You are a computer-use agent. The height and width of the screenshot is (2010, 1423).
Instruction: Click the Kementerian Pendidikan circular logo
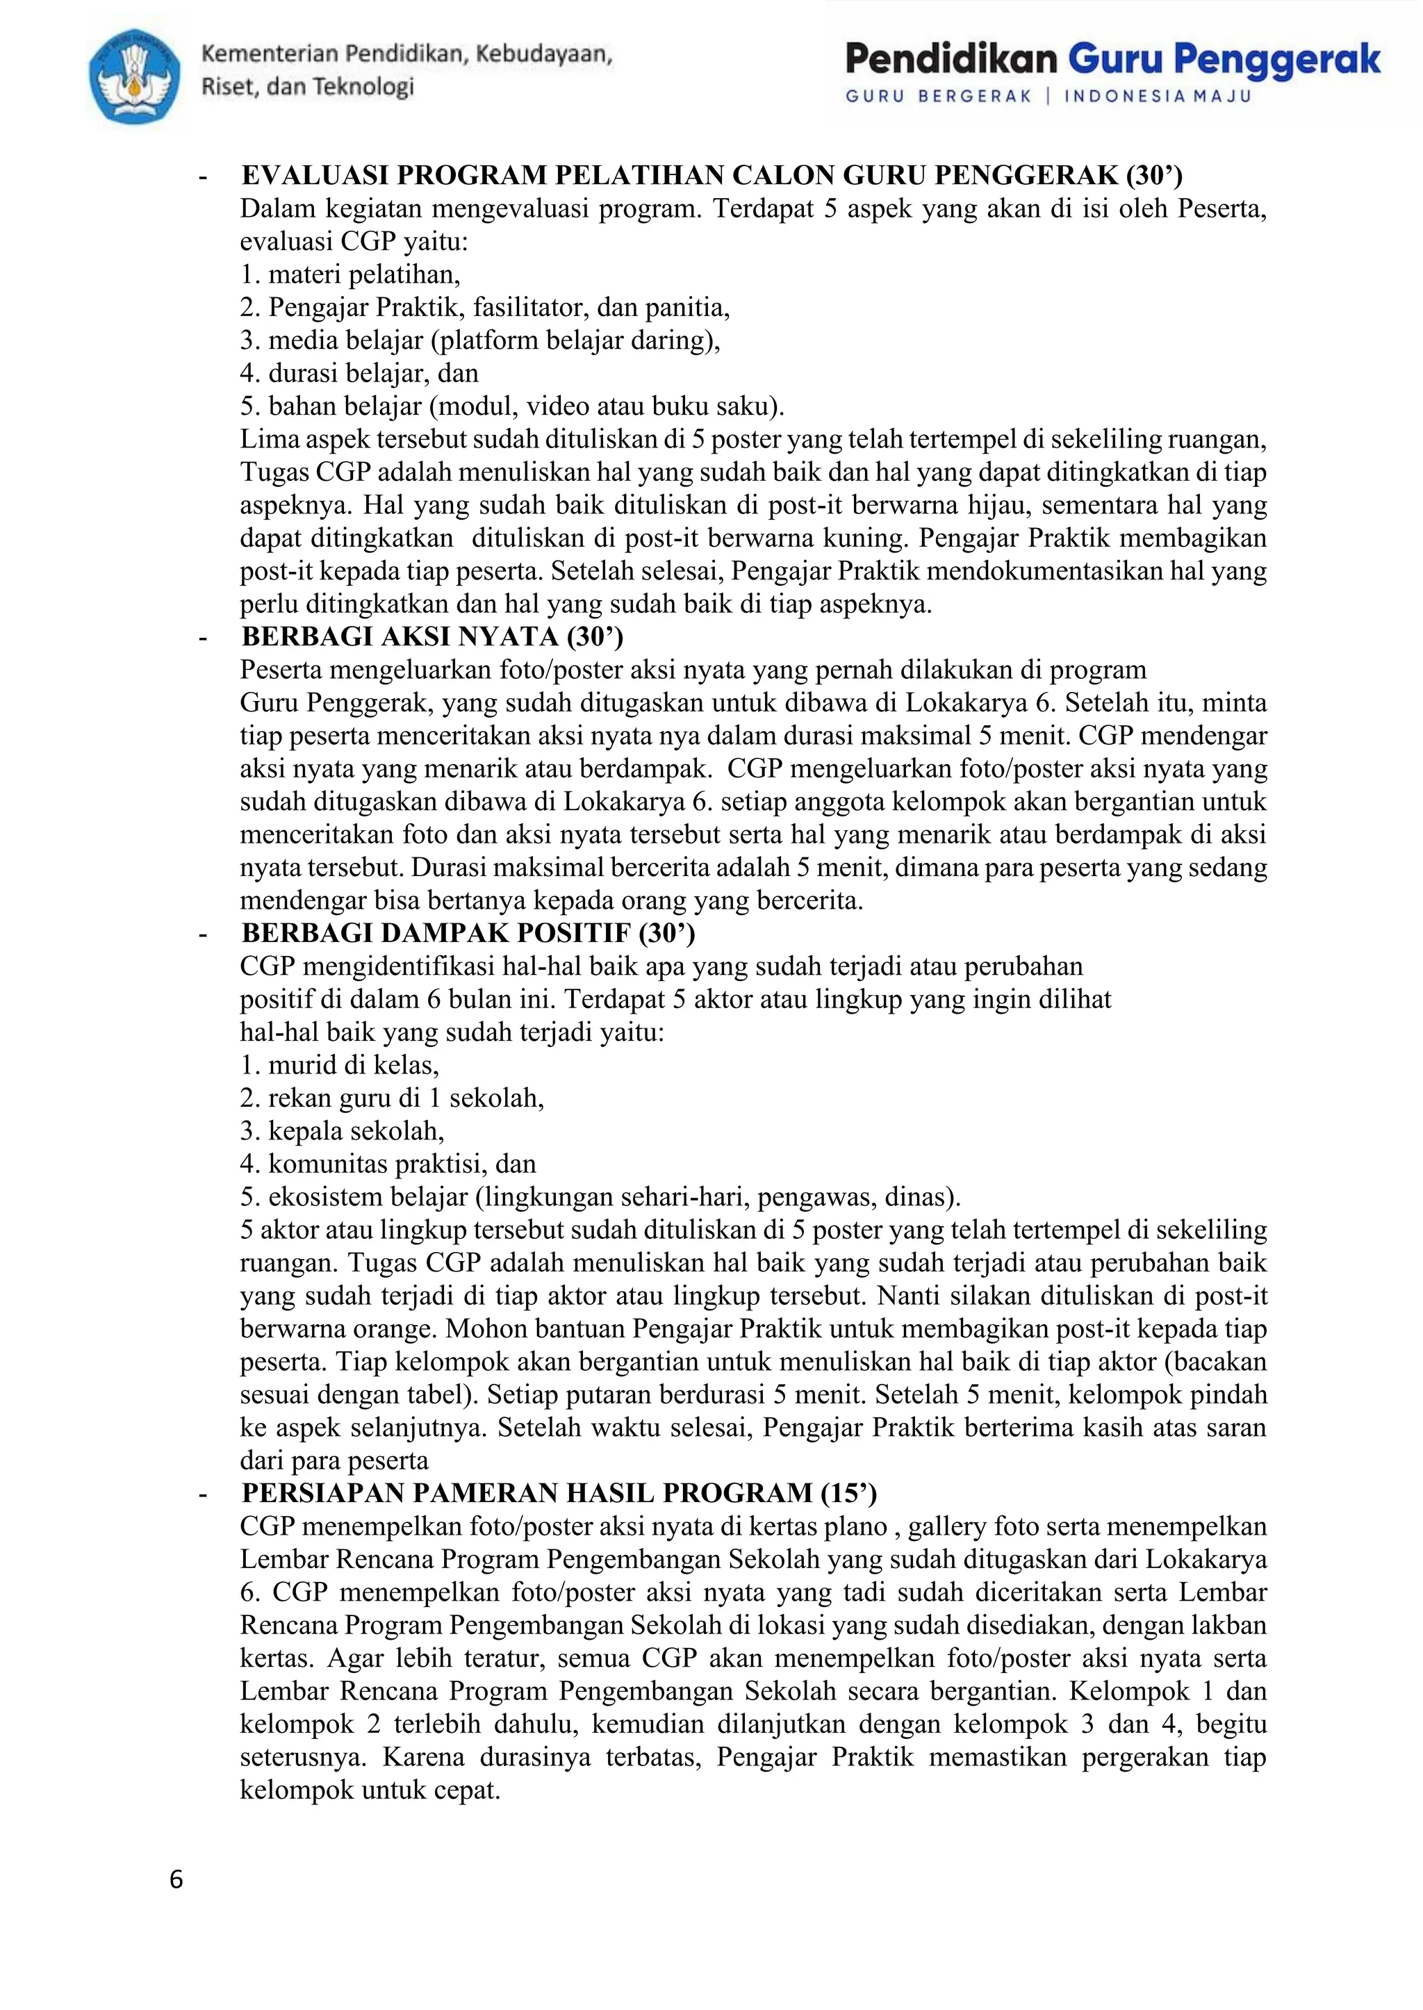(x=135, y=76)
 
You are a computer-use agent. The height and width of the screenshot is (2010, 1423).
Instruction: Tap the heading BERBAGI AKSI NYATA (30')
(x=432, y=636)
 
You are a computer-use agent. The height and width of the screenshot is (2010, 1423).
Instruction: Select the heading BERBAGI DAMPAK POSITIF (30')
(x=468, y=933)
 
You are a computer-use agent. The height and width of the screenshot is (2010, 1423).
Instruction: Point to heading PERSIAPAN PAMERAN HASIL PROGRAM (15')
(x=559, y=1493)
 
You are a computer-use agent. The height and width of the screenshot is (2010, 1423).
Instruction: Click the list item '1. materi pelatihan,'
(x=350, y=274)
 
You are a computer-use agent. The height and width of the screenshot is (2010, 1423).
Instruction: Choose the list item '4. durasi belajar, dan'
(x=359, y=373)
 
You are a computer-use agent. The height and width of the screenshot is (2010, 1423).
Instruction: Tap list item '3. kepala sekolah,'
(x=342, y=1131)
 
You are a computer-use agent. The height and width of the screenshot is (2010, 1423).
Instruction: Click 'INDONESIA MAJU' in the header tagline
(x=1158, y=97)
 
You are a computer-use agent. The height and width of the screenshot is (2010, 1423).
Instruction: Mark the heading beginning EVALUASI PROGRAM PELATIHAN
(x=711, y=175)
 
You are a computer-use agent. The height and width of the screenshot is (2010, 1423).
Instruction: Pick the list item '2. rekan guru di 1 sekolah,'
(x=392, y=1098)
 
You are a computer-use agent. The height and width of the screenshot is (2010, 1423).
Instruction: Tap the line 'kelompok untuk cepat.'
(x=370, y=1790)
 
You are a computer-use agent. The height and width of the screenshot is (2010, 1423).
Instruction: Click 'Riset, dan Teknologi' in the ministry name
(x=308, y=87)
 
